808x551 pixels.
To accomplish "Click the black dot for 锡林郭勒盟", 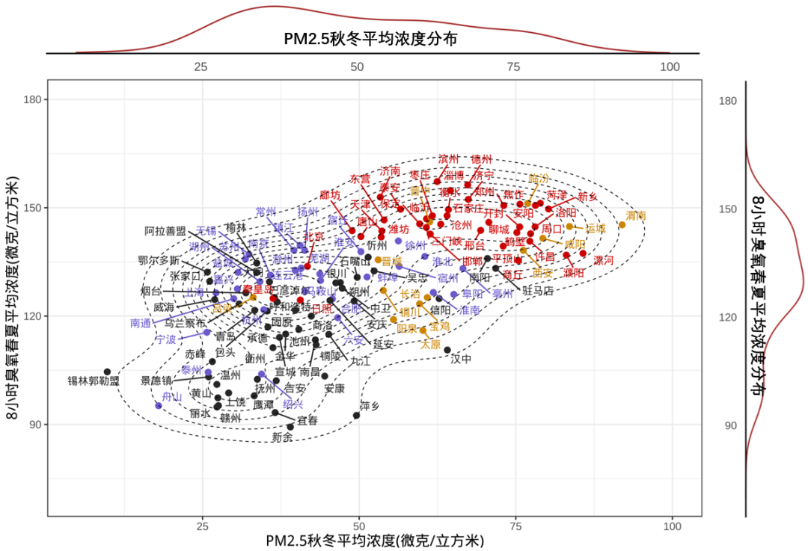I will point(107,372).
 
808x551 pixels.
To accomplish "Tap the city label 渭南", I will point(636,215).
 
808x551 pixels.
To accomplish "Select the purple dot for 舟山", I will point(159,405).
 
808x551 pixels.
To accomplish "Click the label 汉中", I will point(462,358).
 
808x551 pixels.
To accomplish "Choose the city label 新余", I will point(282,437).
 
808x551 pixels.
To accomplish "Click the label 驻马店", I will point(538,290).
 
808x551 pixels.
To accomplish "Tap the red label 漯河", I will point(603,260).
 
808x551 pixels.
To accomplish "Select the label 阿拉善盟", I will point(165,230).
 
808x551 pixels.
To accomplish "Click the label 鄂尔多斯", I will point(159,261).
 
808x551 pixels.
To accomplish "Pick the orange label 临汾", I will point(539,179).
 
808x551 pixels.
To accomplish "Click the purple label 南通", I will point(141,323).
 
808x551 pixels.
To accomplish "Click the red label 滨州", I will point(448,158).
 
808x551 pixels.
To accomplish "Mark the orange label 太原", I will point(430,344).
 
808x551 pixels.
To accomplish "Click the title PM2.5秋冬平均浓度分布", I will point(370,39).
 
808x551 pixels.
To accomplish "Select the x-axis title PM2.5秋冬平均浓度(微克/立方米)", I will point(375,541).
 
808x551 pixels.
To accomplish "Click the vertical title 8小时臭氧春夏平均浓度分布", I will point(759,295).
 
